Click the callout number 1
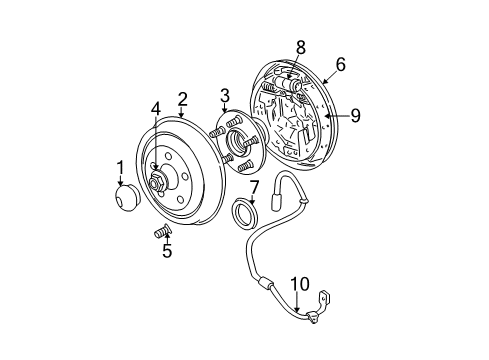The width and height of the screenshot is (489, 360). pos(120,167)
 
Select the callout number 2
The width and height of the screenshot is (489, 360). pos(183,98)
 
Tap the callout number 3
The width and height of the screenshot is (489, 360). pos(225,95)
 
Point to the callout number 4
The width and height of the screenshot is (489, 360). pos(156,108)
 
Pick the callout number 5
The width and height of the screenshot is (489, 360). pos(167,251)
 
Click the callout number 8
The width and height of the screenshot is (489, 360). pos(300,45)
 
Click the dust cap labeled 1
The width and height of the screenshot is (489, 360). pos(129,197)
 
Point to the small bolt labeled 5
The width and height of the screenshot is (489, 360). pos(159,234)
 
